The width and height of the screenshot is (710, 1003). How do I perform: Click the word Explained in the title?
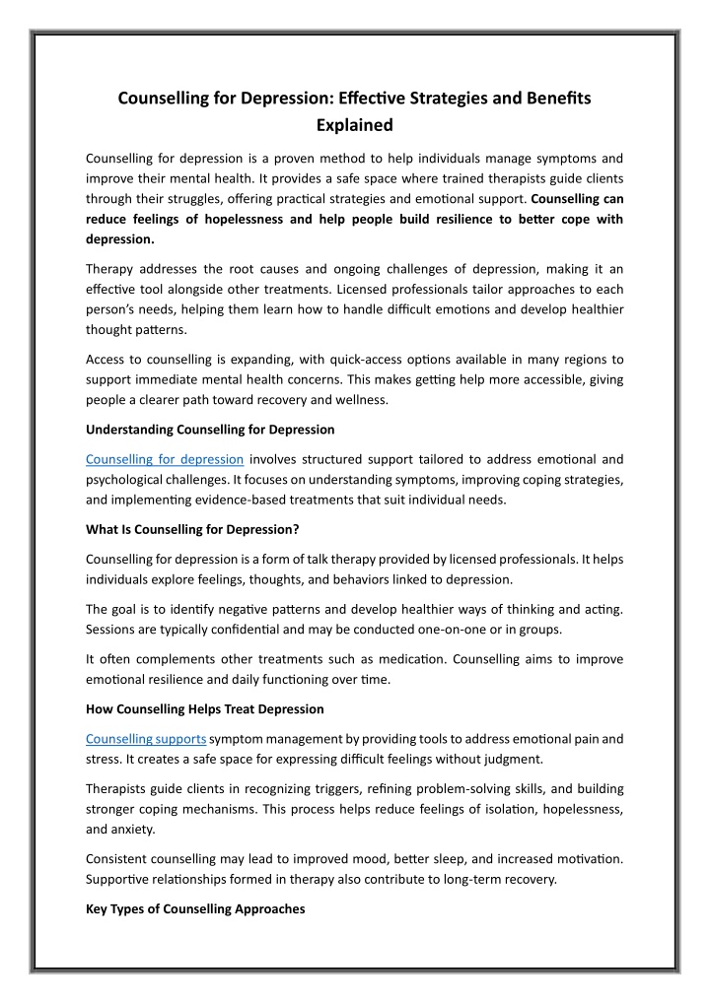point(354,125)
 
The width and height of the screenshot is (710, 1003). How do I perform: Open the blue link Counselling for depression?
point(165,459)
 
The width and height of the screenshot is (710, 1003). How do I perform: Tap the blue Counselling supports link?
point(146,738)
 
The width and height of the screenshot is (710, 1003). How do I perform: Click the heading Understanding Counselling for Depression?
point(210,430)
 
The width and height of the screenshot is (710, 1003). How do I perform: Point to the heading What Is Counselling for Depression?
point(192,529)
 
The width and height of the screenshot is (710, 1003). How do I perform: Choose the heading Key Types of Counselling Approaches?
point(195,908)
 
